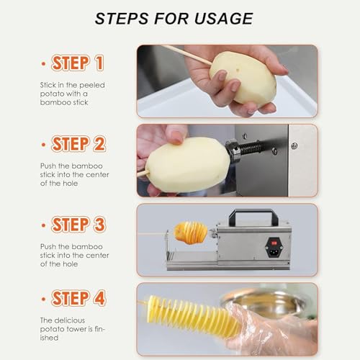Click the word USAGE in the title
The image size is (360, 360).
click(224, 19)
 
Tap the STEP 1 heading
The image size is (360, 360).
click(77, 63)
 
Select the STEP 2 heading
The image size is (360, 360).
click(78, 144)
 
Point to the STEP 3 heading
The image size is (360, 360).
click(78, 225)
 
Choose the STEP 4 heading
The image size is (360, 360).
click(78, 298)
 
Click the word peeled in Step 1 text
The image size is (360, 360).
click(92, 85)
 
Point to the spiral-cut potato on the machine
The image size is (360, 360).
click(191, 233)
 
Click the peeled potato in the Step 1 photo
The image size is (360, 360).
click(243, 78)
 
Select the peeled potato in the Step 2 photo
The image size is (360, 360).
click(188, 166)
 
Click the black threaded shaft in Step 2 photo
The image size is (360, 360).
click(250, 149)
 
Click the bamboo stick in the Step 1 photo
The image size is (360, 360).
click(187, 55)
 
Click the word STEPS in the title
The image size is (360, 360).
click(122, 19)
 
